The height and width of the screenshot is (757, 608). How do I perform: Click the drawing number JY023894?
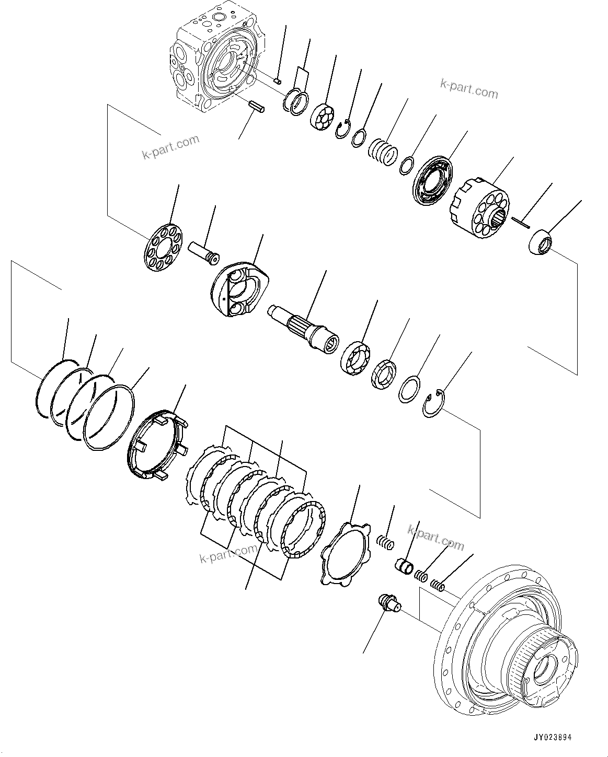[553, 738]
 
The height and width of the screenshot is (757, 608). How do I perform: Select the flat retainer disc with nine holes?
[163, 247]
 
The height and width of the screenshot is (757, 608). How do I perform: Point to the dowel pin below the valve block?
[256, 106]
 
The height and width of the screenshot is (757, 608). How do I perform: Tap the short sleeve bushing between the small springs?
[403, 565]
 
